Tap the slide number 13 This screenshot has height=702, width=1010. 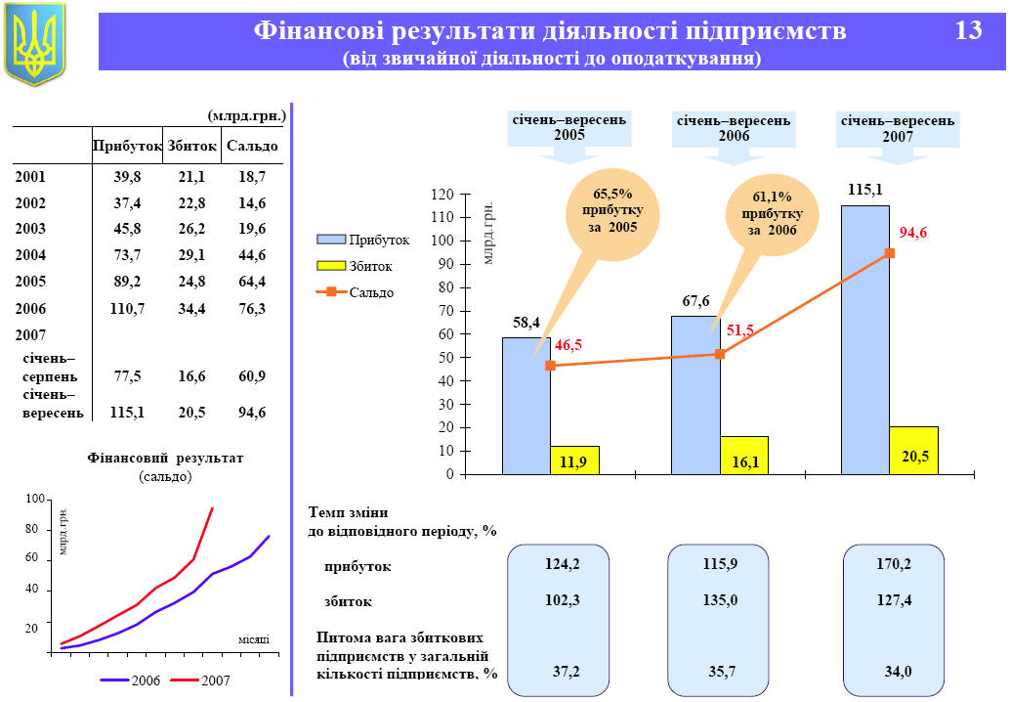[x=968, y=31]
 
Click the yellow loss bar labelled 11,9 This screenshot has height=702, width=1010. [x=573, y=461]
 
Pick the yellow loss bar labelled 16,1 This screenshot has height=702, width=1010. [x=744, y=456]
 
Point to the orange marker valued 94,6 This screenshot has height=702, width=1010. [x=890, y=253]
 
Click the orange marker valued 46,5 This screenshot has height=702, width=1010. [x=550, y=366]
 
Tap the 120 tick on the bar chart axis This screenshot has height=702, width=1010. [x=442, y=195]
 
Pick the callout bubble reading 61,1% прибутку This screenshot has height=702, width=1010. [x=772, y=213]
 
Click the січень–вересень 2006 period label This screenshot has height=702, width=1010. [x=734, y=128]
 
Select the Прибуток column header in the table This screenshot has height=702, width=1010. [x=127, y=147]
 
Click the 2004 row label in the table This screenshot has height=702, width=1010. [x=30, y=256]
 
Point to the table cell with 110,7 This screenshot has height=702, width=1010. [x=127, y=309]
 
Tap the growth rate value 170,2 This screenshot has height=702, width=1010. [x=894, y=565]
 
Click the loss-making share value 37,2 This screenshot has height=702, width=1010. [x=563, y=671]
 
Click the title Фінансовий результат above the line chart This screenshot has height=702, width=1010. [x=165, y=458]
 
